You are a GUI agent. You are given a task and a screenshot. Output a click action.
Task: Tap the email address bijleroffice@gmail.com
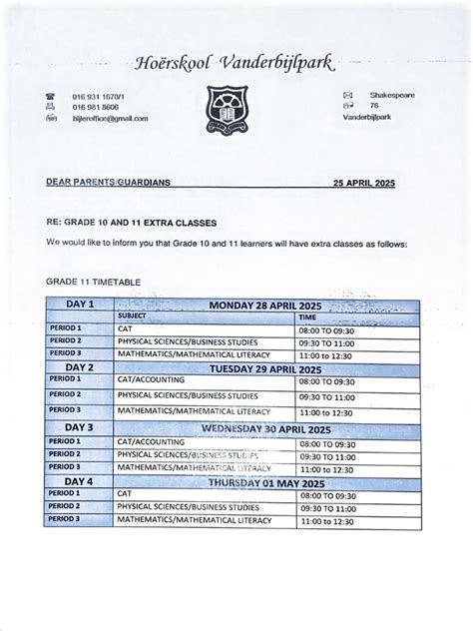[110, 118]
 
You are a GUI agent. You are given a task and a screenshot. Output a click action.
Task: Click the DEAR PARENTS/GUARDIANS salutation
[108, 183]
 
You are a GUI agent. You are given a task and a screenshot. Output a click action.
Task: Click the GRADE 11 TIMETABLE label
[92, 283]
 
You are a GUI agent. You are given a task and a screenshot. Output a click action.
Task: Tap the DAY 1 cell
[79, 304]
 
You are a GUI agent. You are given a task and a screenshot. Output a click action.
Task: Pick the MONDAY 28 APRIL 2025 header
[267, 305]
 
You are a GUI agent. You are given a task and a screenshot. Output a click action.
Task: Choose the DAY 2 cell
[79, 366]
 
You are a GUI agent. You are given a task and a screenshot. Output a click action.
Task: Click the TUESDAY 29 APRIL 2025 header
[267, 367]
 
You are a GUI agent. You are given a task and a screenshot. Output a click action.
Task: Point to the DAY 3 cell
[79, 427]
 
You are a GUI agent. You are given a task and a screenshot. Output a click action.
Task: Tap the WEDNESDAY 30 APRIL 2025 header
[267, 428]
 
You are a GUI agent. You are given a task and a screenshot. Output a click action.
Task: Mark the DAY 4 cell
[79, 481]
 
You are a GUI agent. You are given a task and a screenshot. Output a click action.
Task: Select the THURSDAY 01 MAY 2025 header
[267, 482]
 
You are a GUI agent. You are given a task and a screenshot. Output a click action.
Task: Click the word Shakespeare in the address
[391, 95]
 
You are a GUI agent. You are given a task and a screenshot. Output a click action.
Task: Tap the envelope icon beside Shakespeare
[347, 95]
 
